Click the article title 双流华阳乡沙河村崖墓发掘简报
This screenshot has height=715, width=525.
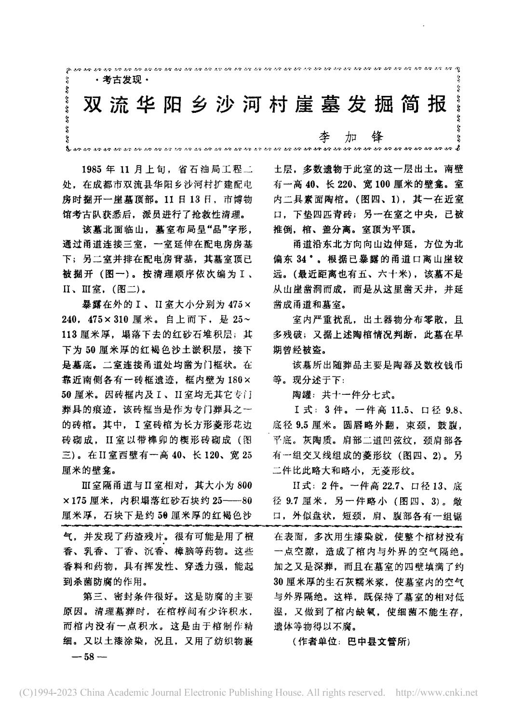pyautogui.click(x=265, y=104)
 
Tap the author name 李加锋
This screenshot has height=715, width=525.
pyautogui.click(x=351, y=137)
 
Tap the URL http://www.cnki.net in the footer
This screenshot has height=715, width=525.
pyautogui.click(x=436, y=693)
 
